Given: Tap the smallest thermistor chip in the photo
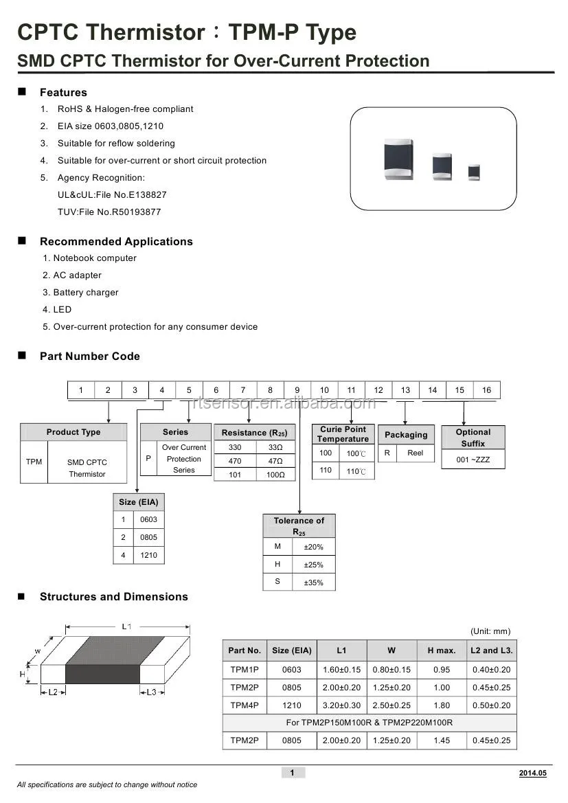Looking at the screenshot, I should (474, 172).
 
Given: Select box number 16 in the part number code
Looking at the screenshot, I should (486, 390).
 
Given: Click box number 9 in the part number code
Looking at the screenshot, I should (297, 390).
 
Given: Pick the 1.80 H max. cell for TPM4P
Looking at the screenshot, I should (442, 705).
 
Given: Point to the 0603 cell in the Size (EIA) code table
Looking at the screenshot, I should (148, 520).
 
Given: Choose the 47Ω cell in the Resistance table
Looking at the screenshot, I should (275, 462).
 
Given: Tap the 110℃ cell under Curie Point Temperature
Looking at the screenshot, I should (356, 472).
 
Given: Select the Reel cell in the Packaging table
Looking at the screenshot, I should (415, 453).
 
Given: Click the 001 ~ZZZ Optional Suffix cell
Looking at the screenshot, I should (473, 460).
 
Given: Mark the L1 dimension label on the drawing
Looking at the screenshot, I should (126, 626).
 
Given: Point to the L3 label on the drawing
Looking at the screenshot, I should (152, 692).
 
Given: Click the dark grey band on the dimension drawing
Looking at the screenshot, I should (103, 659).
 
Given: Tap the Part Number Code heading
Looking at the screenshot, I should (89, 357).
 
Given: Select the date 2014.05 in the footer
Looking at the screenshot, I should (532, 773).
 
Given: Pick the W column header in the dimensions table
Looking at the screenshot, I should (391, 651).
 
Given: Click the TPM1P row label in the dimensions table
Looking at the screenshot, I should (245, 670).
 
